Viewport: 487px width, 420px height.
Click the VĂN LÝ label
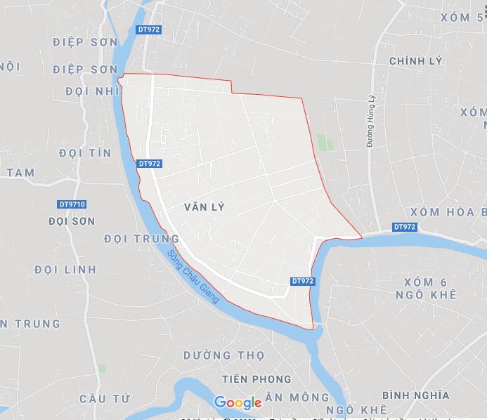[203, 207]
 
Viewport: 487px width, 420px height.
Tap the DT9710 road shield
[72, 204]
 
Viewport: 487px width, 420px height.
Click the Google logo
[238, 402]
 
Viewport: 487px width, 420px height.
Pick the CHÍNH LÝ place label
[416, 61]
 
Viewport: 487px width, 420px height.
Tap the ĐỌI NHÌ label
[91, 91]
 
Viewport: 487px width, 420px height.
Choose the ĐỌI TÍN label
[87, 153]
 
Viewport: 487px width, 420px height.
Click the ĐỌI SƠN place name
[72, 221]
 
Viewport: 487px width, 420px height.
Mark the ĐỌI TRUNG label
[141, 239]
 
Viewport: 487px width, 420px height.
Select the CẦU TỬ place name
[105, 399]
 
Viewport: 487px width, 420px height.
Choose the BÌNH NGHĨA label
[416, 395]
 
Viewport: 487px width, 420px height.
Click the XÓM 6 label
[426, 282]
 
